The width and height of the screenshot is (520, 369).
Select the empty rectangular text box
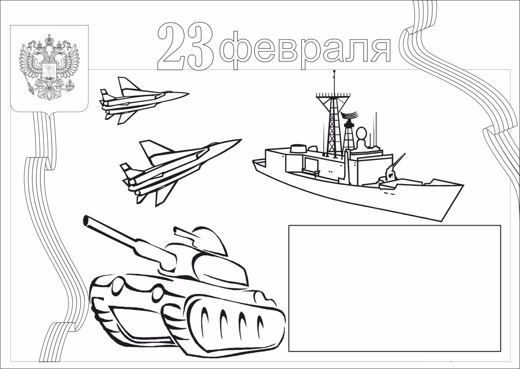click(394, 288)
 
